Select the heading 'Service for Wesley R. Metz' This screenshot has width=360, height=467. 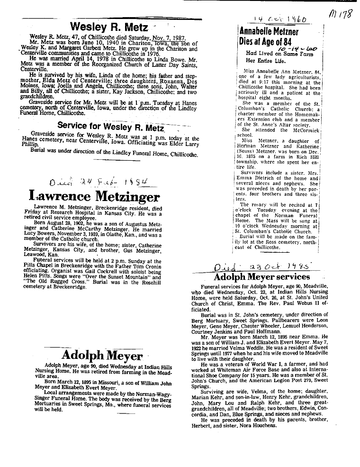(110, 126)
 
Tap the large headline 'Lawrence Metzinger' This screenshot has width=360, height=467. (95, 196)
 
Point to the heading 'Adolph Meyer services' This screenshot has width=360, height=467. (261, 276)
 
